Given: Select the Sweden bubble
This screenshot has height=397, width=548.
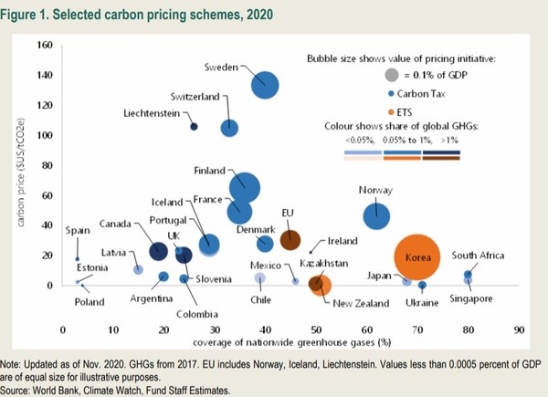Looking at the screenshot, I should click(266, 86).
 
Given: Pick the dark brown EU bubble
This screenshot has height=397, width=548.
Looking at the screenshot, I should click(290, 240).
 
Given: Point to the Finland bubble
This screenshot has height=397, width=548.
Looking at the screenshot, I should click(244, 187).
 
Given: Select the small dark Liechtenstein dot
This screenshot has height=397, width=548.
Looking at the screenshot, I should click(194, 127).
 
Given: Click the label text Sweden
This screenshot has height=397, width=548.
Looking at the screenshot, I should click(221, 67).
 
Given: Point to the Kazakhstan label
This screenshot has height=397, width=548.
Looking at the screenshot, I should click(323, 263).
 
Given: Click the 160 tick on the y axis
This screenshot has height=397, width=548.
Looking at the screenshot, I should click(45, 45).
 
